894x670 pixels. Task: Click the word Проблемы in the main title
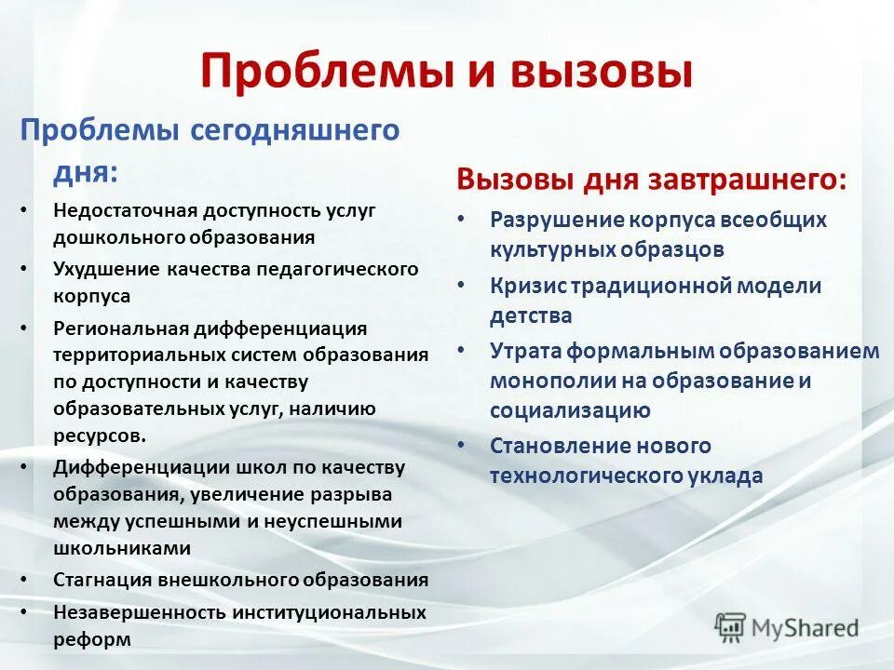coord(318,73)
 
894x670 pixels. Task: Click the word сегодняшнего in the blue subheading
coord(295,130)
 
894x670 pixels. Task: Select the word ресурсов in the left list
coord(99,435)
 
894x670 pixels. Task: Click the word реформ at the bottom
coord(91,639)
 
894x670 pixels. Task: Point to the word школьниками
coord(109,548)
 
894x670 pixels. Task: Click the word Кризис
coord(522,287)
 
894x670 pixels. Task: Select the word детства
coord(531,316)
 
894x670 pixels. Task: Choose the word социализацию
coord(570,410)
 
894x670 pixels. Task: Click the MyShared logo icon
coord(731,626)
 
